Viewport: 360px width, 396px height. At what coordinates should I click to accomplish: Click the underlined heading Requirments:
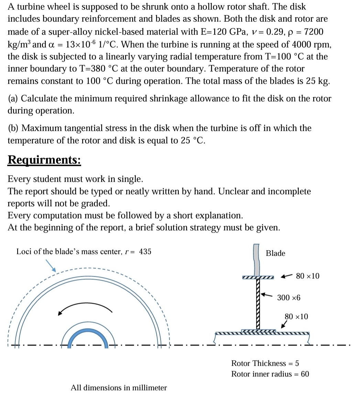click(44, 160)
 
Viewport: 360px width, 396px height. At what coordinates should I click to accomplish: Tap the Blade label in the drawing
click(275, 253)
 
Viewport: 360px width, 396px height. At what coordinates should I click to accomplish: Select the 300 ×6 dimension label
click(289, 298)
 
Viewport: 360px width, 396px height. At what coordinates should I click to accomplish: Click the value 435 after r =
click(145, 251)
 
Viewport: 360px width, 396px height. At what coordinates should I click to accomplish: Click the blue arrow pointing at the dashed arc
click(51, 266)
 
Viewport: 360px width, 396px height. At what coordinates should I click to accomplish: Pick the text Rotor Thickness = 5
click(265, 363)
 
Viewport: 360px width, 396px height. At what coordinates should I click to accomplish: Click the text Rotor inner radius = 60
click(270, 374)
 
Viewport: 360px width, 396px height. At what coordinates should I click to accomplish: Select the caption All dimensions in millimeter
click(119, 388)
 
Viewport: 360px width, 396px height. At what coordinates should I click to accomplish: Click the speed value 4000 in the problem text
click(302, 44)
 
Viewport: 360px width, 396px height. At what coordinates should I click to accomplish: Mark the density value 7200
click(314, 32)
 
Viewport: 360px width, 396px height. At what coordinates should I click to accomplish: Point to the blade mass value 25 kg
click(319, 82)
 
